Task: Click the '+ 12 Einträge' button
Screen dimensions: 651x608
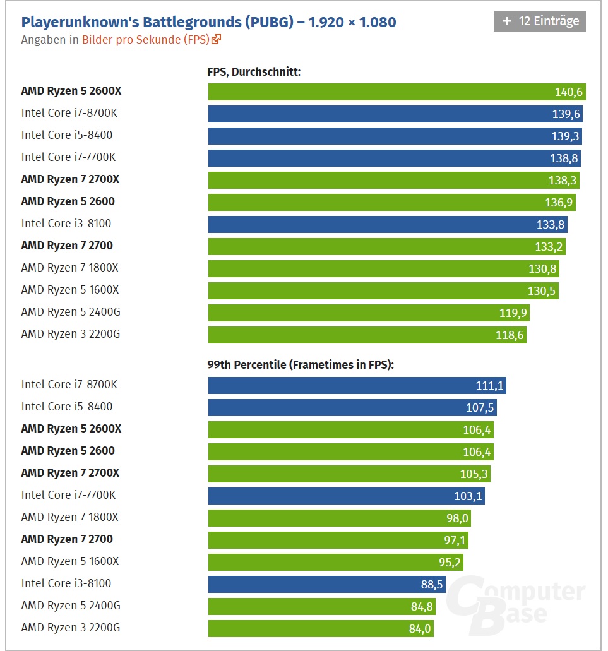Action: tap(539, 21)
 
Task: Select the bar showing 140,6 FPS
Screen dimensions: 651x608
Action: tap(396, 92)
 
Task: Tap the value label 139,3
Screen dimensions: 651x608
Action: tap(564, 136)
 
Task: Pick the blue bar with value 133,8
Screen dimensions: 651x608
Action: tap(387, 224)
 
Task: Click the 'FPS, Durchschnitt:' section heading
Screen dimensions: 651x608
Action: tap(254, 72)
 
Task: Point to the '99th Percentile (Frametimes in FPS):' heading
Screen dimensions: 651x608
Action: tap(301, 364)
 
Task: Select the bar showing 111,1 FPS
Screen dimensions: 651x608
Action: tap(357, 385)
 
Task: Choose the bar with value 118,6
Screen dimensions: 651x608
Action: tap(367, 335)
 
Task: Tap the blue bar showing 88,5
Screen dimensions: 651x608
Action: tap(327, 584)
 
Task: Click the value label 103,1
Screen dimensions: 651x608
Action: tap(468, 496)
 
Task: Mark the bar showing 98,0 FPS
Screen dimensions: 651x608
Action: tap(339, 518)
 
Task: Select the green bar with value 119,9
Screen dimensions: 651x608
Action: tap(369, 313)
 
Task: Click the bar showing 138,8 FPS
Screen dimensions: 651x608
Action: tap(394, 158)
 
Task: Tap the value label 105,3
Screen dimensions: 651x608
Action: tap(474, 474)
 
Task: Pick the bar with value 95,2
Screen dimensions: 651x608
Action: tap(338, 562)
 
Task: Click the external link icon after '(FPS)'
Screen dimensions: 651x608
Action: tap(217, 39)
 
